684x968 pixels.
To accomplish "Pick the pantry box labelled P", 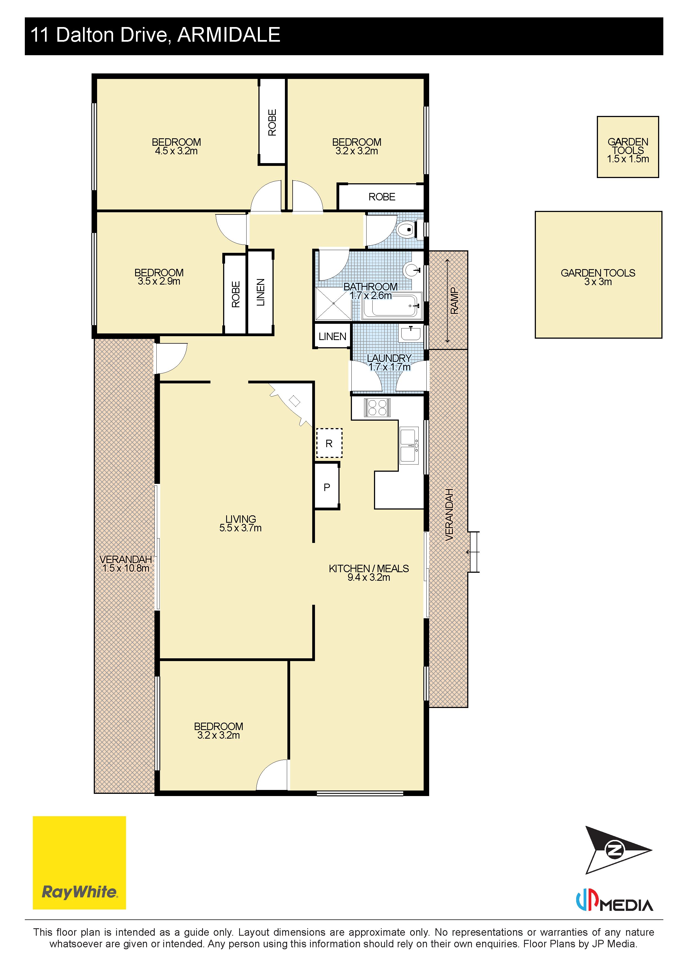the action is [327, 487].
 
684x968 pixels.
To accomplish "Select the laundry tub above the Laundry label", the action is [410, 333].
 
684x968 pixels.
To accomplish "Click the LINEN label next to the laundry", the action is [332, 336].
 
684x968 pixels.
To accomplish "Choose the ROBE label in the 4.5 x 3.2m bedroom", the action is [272, 122].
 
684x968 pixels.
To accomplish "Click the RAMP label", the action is [455, 301].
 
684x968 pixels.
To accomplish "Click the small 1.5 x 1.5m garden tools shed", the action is [627, 147].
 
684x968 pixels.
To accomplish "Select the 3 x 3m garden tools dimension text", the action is [598, 282].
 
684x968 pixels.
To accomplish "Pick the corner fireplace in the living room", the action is [292, 404].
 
